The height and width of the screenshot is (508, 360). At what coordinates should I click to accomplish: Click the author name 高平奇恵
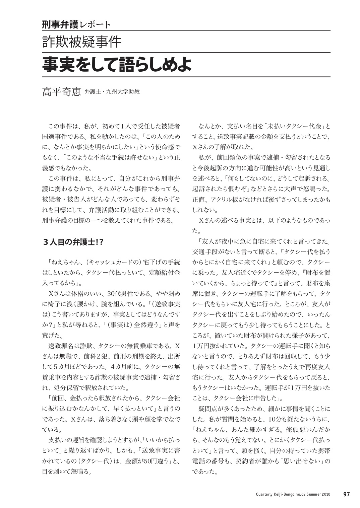(61, 91)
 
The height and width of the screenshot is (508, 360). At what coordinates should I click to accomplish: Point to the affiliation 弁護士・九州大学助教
(112, 92)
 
